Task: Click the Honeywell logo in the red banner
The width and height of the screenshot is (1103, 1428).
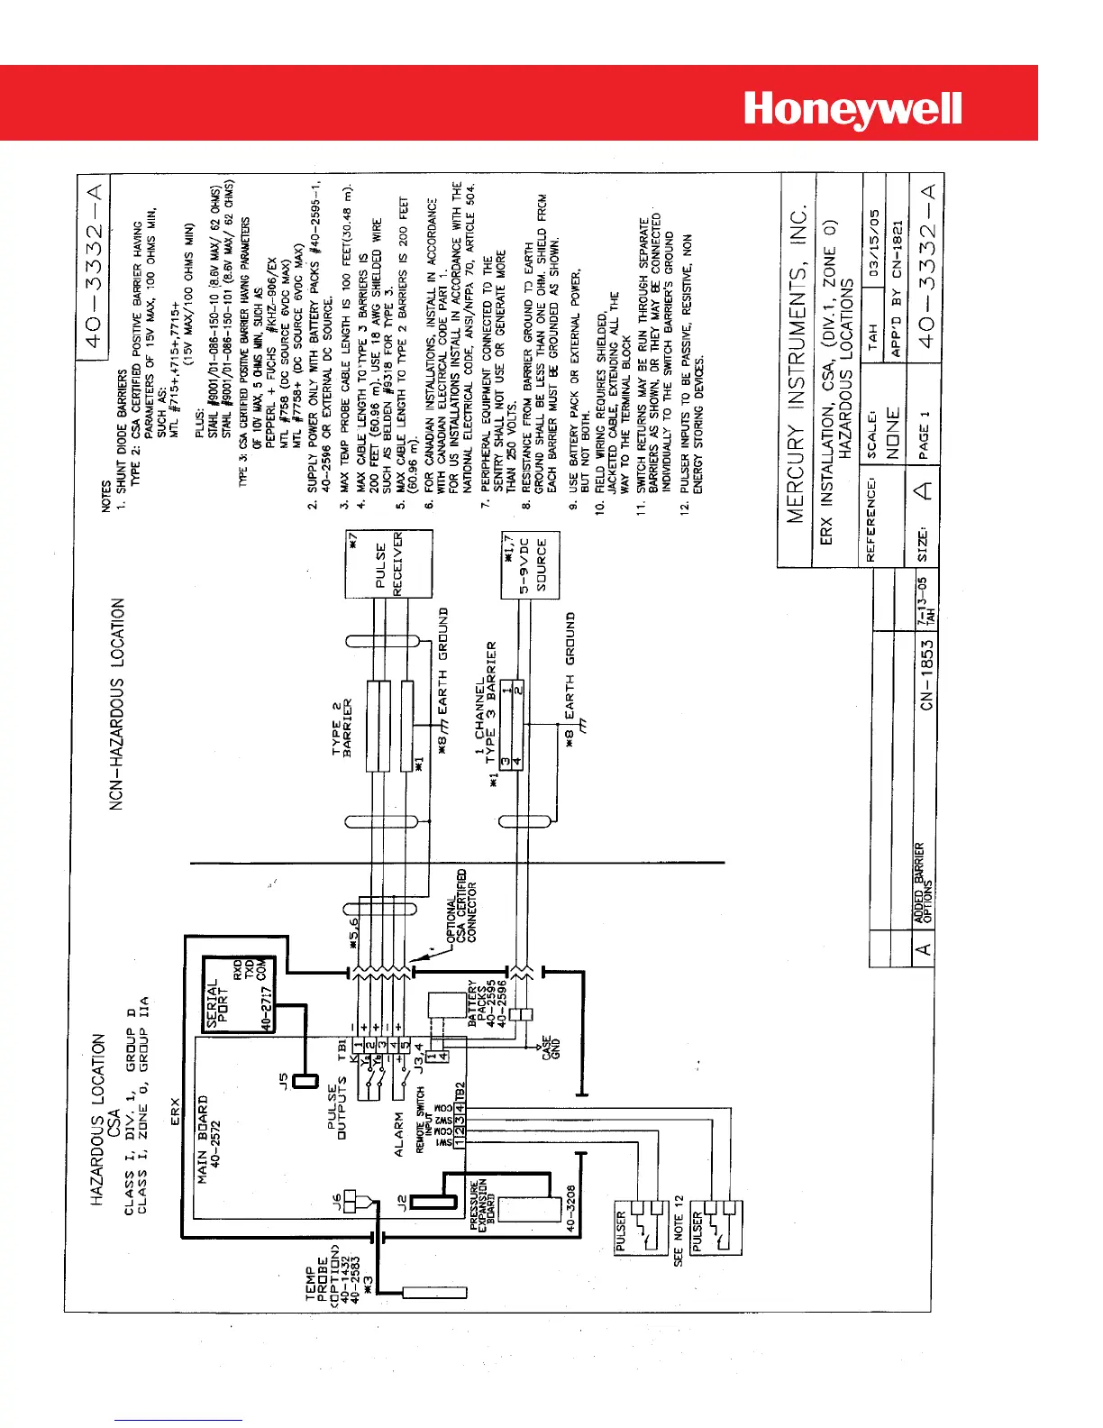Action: tap(852, 110)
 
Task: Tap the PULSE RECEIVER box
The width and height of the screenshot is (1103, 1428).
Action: tap(389, 563)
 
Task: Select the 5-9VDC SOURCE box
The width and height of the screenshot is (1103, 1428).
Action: tap(530, 566)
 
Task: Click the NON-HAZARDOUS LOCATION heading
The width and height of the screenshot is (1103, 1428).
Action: tap(117, 703)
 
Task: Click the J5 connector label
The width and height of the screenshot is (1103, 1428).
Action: tap(284, 1078)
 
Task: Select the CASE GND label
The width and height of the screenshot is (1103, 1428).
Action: tap(551, 1048)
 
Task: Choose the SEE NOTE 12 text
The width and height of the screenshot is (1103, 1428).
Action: tap(679, 1231)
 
